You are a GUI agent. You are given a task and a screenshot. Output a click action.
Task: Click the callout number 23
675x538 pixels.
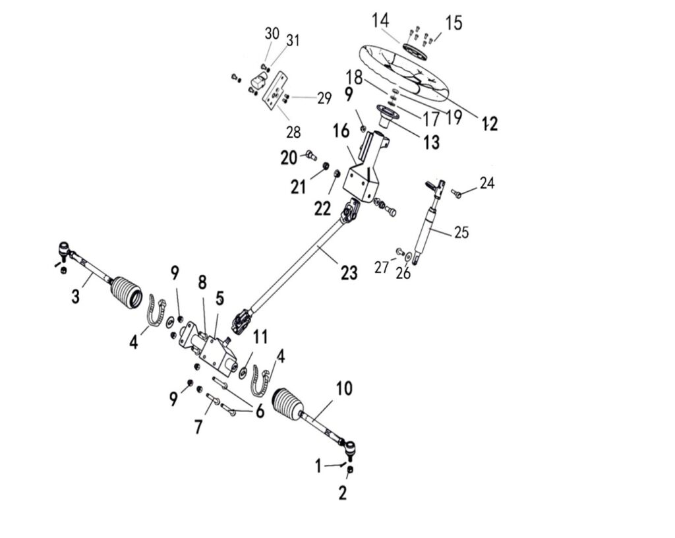[x=349, y=272]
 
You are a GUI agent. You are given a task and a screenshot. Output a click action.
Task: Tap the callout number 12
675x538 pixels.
[x=490, y=123]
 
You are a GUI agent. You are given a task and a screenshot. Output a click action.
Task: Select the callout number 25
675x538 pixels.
[x=461, y=232]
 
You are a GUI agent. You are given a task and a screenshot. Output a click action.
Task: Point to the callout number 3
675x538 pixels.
[x=76, y=297]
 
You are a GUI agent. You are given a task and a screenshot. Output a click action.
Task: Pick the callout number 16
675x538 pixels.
[x=340, y=131]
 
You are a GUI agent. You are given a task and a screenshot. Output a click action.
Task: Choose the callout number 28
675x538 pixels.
[x=293, y=132]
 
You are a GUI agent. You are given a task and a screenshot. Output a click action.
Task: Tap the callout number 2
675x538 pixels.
[x=343, y=493]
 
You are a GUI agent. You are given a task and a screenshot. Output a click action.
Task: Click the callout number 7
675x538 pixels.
[x=198, y=426]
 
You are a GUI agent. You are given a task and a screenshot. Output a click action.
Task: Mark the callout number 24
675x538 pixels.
[x=486, y=183]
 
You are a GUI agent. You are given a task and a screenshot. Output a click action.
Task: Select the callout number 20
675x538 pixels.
[x=289, y=158]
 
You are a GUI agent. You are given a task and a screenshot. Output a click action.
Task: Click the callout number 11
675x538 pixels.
[x=261, y=338]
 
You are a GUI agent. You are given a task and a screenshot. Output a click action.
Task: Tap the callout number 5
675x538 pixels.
[x=220, y=298]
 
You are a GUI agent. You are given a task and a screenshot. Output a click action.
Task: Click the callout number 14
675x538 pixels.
[x=380, y=20]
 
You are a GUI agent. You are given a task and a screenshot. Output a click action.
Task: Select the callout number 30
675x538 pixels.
[x=272, y=33]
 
